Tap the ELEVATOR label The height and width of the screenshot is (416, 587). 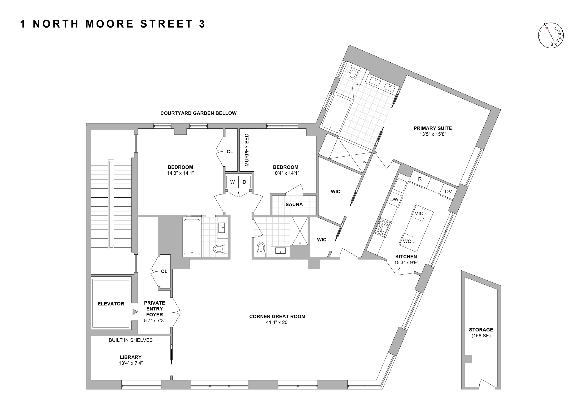(111, 304)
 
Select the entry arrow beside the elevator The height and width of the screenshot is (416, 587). (135, 312)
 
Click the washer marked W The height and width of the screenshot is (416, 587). (232, 182)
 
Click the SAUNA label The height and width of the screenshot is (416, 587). (294, 204)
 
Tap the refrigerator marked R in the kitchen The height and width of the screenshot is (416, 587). (420, 179)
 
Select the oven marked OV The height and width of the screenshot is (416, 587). (448, 191)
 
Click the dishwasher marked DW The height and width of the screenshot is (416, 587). (394, 199)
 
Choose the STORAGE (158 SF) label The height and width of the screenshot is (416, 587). (481, 332)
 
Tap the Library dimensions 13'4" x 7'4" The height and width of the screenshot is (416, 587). (131, 363)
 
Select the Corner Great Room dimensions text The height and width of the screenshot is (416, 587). (277, 323)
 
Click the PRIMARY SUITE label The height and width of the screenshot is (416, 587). (433, 128)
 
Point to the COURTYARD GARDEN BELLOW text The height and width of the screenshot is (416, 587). (198, 113)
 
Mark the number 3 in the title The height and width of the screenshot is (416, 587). (202, 24)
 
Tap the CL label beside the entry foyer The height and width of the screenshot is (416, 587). (164, 272)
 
